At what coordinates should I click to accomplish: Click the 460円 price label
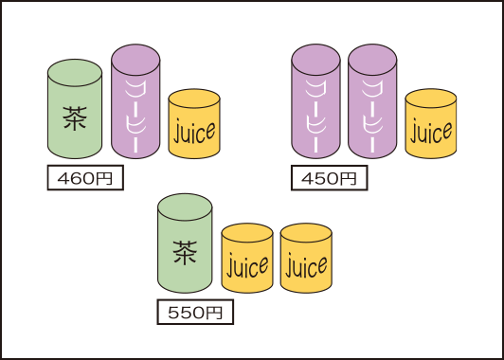click(85, 177)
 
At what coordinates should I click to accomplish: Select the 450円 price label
click(329, 177)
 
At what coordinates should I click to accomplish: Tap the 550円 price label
click(194, 312)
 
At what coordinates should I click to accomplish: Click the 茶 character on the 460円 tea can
click(75, 117)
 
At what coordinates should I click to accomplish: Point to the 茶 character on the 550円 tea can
click(185, 252)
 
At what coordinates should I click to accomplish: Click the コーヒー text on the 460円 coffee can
click(135, 111)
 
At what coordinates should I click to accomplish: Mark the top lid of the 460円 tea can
click(75, 70)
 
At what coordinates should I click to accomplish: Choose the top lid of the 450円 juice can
click(431, 98)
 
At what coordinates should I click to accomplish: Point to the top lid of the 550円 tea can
click(185, 206)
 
